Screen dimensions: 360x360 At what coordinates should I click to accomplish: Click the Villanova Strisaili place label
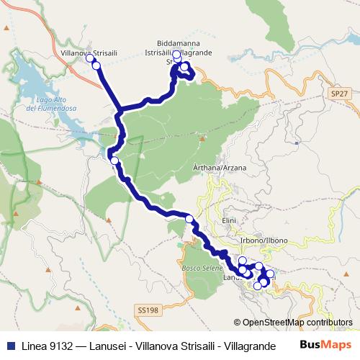tap(86, 53)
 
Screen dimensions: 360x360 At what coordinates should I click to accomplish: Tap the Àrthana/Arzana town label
tap(215, 167)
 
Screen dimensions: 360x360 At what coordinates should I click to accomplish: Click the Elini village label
tap(230, 220)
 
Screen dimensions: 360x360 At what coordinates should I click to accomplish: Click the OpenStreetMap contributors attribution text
tap(297, 323)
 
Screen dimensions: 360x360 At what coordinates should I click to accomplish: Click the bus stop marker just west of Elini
tap(189, 219)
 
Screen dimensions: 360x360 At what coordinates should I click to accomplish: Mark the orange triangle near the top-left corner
tap(6, 28)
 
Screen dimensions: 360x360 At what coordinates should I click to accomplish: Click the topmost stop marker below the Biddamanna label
tap(177, 54)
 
